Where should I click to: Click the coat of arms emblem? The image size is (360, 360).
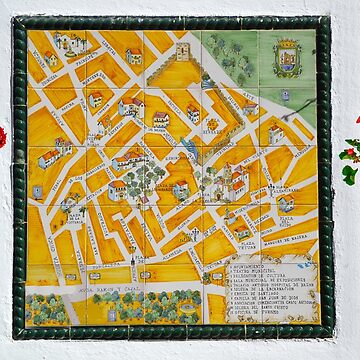[287, 57]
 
